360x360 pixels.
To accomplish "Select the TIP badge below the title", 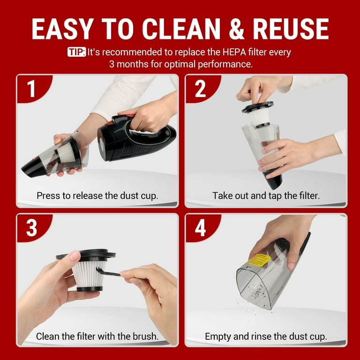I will [76, 52].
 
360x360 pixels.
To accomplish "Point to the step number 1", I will [31, 89].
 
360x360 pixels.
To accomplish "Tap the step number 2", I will [200, 89].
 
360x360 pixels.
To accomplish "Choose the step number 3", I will [31, 228].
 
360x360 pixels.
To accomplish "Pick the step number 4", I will [200, 228].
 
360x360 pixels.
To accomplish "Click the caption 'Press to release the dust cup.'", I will [97, 195].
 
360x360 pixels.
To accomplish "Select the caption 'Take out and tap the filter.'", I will [266, 195].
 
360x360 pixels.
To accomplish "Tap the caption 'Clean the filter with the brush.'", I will [97, 336].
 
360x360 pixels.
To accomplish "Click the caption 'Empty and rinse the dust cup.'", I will [266, 336].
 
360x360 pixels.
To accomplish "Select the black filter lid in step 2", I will [257, 107].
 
